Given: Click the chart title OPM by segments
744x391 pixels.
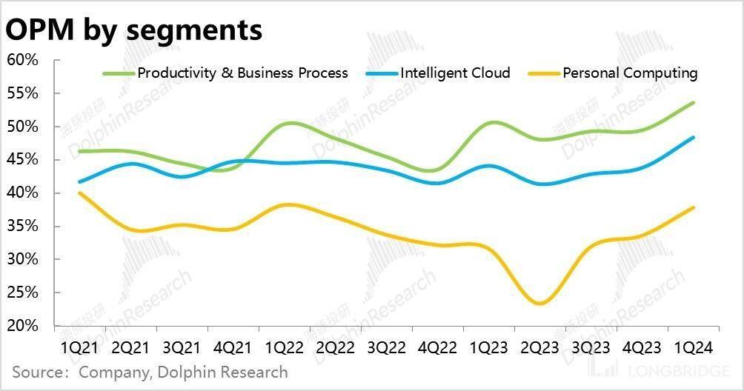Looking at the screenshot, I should (x=134, y=30).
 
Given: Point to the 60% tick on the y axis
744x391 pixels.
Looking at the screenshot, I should (x=23, y=60).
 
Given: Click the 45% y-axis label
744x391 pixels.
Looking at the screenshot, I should (x=23, y=160).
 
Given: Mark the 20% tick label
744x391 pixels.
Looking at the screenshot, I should (x=23, y=326).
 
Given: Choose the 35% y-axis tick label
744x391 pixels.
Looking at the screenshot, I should (x=23, y=227).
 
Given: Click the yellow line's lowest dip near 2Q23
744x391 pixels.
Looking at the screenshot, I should (x=540, y=304).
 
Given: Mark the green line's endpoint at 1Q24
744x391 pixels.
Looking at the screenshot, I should (x=694, y=103).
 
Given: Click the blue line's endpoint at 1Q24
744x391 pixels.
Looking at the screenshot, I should (x=694, y=137).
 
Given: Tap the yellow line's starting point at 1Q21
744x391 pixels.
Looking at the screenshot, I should (x=79, y=193).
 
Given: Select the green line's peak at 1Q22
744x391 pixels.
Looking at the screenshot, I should (x=291, y=122).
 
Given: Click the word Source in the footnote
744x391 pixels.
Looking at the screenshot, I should (x=36, y=372).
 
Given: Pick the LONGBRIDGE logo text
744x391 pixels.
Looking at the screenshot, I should (x=679, y=370).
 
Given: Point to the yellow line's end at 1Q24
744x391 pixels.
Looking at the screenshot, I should (x=694, y=207).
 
